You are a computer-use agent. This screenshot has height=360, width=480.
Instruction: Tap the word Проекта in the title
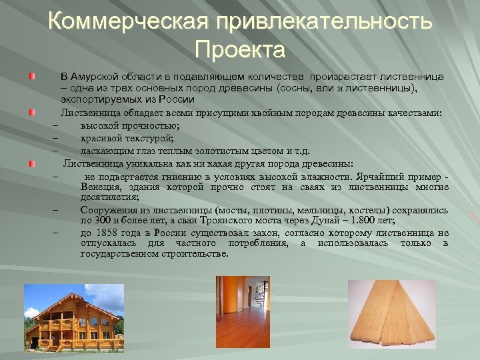[x=240, y=49]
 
